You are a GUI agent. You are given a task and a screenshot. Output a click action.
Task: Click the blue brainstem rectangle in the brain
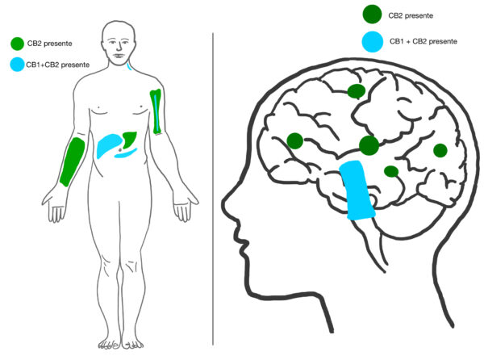click(357, 190)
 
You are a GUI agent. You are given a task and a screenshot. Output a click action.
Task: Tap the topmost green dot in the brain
click(357, 91)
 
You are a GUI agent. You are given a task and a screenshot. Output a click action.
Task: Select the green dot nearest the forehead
click(294, 140)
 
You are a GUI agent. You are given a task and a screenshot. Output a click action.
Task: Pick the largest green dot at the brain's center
click(369, 145)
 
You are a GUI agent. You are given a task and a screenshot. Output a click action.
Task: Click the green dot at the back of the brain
click(440, 150)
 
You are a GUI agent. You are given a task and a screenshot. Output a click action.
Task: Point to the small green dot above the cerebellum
click(391, 171)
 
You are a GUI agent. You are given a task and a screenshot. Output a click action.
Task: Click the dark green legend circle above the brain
click(372, 15)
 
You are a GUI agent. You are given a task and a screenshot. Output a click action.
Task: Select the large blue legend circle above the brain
click(373, 42)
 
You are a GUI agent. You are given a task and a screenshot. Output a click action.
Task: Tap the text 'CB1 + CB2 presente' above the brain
click(423, 41)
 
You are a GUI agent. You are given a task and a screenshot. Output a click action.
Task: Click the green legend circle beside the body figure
click(17, 44)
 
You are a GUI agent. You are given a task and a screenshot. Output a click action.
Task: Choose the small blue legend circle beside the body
click(17, 65)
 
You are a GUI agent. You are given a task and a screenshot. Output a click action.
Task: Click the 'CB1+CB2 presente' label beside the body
click(58, 65)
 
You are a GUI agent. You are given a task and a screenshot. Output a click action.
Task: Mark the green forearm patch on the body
click(73, 161)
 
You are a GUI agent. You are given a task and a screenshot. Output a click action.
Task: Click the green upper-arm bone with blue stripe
click(156, 112)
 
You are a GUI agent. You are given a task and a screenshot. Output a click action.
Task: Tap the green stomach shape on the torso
click(129, 140)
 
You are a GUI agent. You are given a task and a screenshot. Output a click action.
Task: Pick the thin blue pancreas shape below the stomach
click(126, 153)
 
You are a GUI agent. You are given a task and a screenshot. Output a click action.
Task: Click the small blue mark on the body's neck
click(130, 66)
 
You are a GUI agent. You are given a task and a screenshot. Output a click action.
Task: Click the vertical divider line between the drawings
click(213, 189)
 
